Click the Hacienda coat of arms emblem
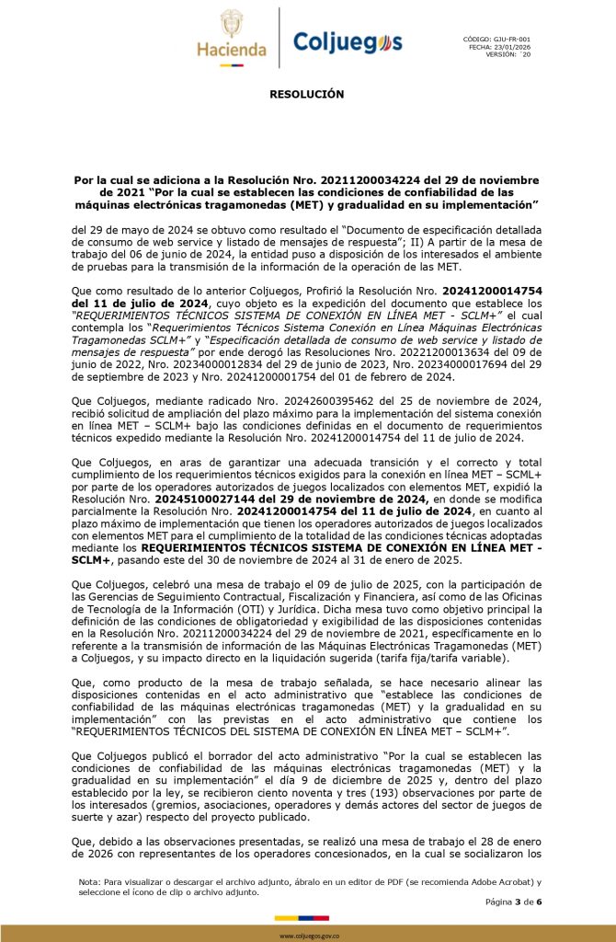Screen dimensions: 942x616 [232, 24]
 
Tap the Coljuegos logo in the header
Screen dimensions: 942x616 [348, 41]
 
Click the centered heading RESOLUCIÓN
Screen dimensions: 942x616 [307, 94]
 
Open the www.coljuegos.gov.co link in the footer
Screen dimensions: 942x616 [307, 935]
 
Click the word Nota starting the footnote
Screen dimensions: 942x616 [89, 881]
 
